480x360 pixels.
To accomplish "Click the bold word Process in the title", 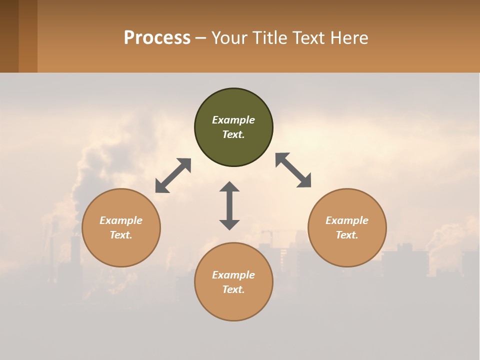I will (x=157, y=38).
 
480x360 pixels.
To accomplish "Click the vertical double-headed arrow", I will (x=229, y=205).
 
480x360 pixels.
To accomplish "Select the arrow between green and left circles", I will (x=173, y=175).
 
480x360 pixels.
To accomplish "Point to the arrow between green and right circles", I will (x=293, y=170).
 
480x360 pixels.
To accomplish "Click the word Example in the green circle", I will (x=233, y=120).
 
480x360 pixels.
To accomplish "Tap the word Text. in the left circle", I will (x=121, y=235).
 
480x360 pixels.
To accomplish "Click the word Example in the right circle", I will (x=347, y=220).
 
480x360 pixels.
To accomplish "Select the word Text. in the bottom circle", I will (x=233, y=289).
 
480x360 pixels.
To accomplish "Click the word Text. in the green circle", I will (x=233, y=134).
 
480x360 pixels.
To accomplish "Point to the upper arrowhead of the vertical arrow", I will (x=229, y=187).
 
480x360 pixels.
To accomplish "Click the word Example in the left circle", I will (x=121, y=220).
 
